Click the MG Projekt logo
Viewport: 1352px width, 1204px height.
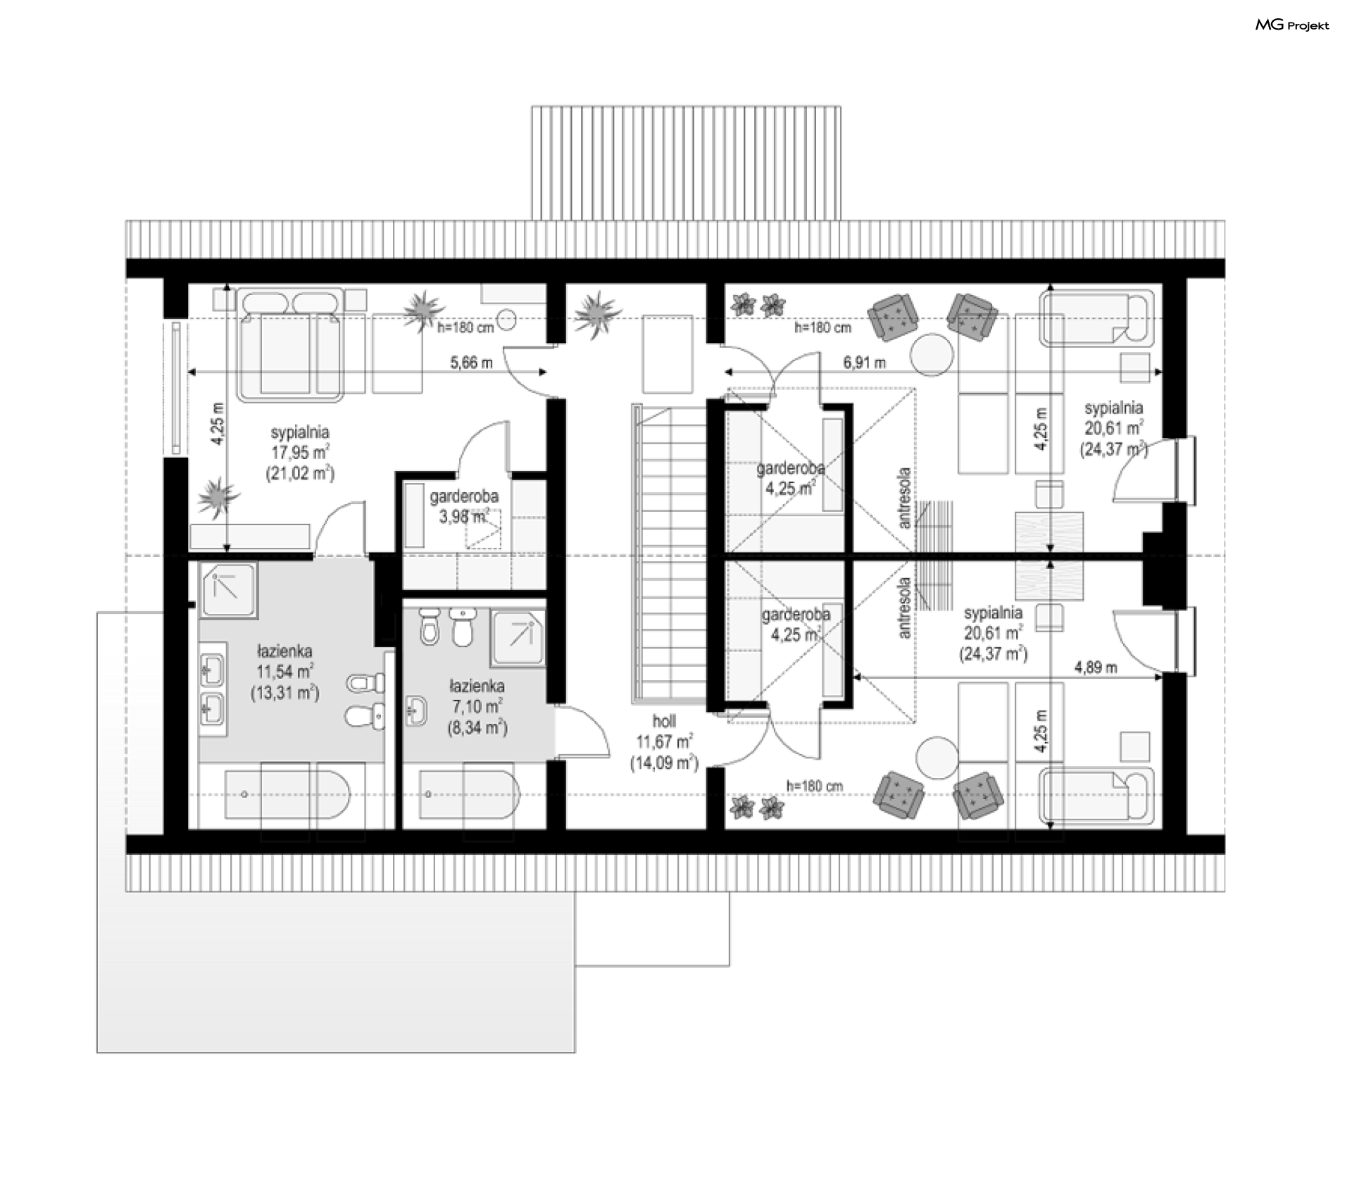[1292, 25]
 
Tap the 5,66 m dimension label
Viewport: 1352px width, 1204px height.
[471, 363]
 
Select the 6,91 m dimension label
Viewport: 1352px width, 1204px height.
[865, 363]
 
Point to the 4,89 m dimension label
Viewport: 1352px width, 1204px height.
[1096, 667]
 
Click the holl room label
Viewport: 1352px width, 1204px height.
[664, 721]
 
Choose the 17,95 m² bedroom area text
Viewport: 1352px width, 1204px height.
[301, 453]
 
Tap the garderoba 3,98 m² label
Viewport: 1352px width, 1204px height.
[464, 506]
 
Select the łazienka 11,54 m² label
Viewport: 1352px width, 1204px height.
[284, 672]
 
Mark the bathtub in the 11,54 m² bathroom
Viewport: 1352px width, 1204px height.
[287, 794]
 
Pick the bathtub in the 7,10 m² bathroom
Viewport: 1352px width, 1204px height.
[468, 794]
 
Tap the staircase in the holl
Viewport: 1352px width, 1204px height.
[670, 553]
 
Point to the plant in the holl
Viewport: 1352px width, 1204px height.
[597, 313]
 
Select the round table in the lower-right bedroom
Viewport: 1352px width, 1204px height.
[937, 757]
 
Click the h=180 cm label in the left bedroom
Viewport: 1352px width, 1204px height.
[465, 327]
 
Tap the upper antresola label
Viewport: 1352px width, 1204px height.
[905, 498]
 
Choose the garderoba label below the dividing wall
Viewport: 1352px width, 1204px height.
[796, 615]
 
